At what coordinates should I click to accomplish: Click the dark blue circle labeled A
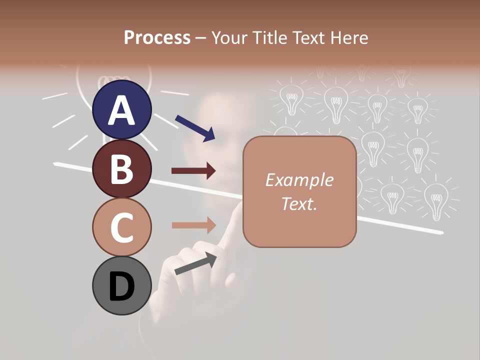coord(122,109)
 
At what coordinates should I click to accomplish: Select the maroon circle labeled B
coord(122,168)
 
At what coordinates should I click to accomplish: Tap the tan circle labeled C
coord(122,227)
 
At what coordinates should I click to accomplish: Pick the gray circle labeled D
coord(122,285)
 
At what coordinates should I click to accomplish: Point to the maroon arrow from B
coord(193,171)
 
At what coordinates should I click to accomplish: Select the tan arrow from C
coord(193,225)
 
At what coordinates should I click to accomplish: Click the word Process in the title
coord(157,38)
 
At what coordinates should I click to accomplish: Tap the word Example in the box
coord(299,180)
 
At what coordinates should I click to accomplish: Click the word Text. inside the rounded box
coord(299,203)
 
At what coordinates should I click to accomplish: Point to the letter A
coord(122,110)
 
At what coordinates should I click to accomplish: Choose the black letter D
coord(122,287)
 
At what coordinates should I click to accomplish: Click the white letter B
coord(122,169)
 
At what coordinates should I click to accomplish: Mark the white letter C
coord(122,227)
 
